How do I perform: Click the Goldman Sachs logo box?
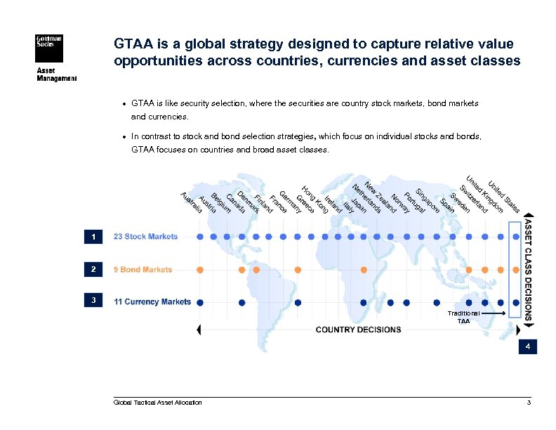pos(49,49)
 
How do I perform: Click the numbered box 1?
pos(93,237)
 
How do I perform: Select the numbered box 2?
pos(93,270)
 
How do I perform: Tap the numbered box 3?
pos(93,301)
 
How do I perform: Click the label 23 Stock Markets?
pos(145,237)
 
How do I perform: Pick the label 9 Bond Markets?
pos(143,270)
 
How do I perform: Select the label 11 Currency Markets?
pos(152,302)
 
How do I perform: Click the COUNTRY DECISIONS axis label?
pos(358,330)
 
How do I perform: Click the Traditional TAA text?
pos(464,317)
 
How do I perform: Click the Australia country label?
pos(191,202)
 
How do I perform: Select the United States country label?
pos(504,196)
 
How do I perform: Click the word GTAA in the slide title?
pos(131,44)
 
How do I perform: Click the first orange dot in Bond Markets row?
pos(200,270)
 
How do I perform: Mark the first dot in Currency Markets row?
pos(200,303)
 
